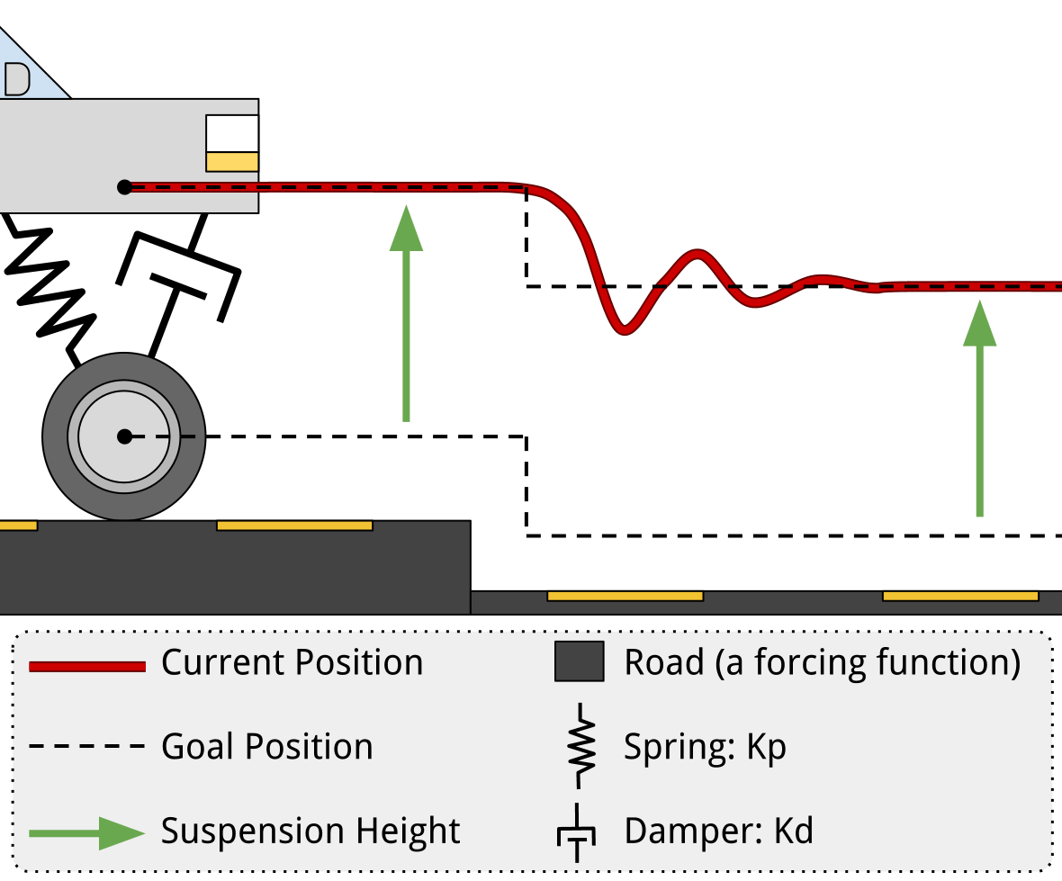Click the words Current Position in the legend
(292, 663)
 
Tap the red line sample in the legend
(87, 666)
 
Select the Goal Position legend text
(266, 747)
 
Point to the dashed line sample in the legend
(87, 747)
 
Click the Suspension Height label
(310, 831)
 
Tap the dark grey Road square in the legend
(579, 662)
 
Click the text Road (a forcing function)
(823, 663)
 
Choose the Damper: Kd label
(718, 831)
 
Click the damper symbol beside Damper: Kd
(575, 833)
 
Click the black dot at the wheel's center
(124, 436)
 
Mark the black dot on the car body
(125, 187)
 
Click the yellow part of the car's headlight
(232, 162)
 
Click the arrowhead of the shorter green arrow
(980, 324)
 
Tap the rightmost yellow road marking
(959, 596)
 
